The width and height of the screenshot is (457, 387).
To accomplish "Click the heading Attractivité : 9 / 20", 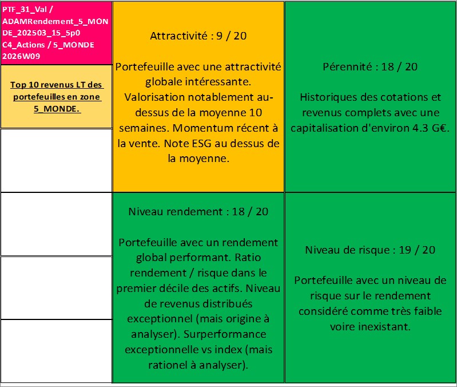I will point(198,35).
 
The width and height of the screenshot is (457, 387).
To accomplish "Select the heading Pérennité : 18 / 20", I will point(370,66).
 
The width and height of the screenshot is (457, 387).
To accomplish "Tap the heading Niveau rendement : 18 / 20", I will point(198,212).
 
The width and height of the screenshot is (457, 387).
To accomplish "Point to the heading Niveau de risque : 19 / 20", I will point(370,250).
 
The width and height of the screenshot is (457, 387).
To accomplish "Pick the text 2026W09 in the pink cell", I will point(18,56).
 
